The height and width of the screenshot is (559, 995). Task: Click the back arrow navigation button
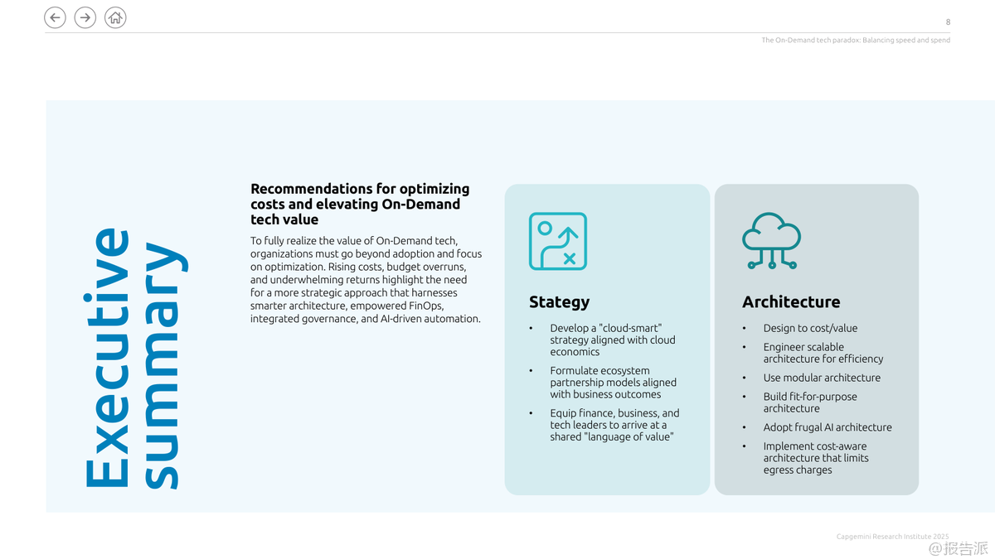[55, 17]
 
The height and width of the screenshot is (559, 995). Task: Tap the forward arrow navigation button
[85, 17]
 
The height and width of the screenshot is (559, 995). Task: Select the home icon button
[116, 17]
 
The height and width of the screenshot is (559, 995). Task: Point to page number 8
[948, 22]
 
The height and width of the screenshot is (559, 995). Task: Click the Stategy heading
[559, 302]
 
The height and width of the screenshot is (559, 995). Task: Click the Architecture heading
[791, 302]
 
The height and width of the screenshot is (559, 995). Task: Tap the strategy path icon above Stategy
[558, 241]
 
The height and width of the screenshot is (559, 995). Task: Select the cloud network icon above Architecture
[771, 241]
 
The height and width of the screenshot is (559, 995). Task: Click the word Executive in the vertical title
[107, 358]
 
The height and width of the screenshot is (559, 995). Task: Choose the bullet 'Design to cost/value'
[810, 328]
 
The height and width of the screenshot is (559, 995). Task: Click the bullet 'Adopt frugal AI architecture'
[828, 427]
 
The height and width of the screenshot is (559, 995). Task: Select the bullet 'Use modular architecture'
[822, 378]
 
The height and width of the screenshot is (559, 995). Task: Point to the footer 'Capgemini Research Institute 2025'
[892, 537]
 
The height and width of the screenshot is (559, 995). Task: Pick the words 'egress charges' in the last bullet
[798, 470]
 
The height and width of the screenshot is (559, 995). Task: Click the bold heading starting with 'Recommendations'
[360, 204]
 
